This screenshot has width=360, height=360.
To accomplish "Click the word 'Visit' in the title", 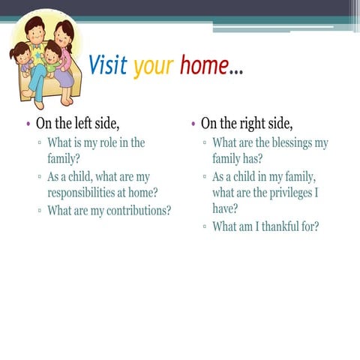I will pos(108,66).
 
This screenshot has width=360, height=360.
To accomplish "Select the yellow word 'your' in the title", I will pos(154,67).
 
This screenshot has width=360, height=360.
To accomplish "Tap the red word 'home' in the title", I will pos(203,66).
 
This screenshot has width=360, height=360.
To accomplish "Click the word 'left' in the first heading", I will pos(73,123).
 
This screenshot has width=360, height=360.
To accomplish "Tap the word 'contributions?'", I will pos(133,211).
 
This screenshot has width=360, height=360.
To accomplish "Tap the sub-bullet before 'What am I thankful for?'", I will pos(204,227).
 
